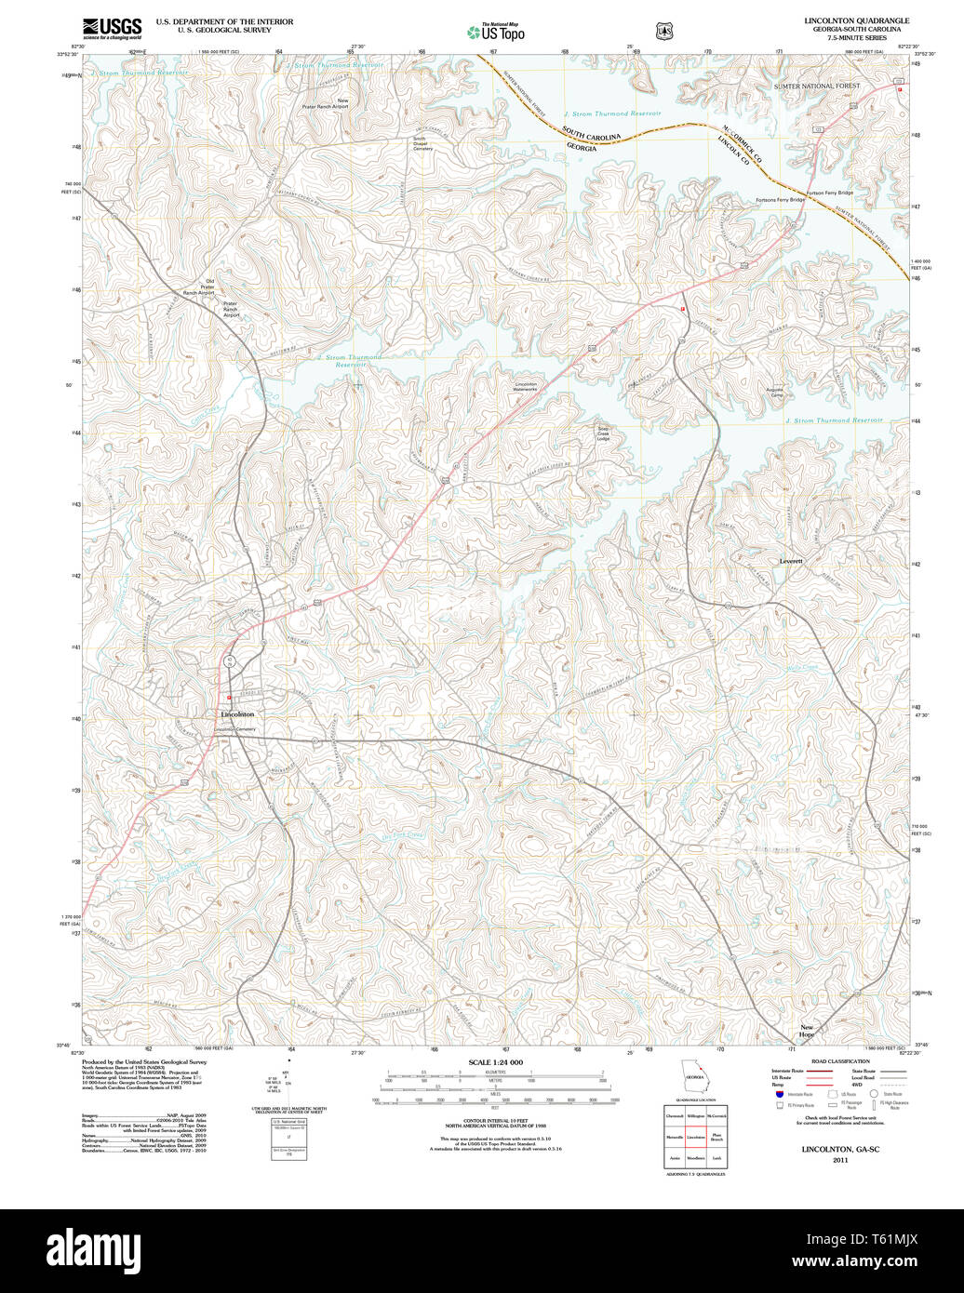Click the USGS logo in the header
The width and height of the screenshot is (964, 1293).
112,29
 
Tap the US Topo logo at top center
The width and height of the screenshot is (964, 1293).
495,32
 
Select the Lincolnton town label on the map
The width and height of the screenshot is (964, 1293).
237,714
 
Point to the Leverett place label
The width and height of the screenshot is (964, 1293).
791,562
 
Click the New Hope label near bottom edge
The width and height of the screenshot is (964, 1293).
807,1031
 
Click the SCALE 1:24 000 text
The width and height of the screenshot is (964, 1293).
495,1062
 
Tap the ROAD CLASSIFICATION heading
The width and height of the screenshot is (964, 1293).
839,1061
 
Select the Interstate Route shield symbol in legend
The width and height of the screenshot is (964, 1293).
778,1095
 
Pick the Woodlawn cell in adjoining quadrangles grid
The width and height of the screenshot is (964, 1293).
694,1158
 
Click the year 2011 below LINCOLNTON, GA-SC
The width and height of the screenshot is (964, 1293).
840,1160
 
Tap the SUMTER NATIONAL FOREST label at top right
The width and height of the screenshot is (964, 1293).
817,86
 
